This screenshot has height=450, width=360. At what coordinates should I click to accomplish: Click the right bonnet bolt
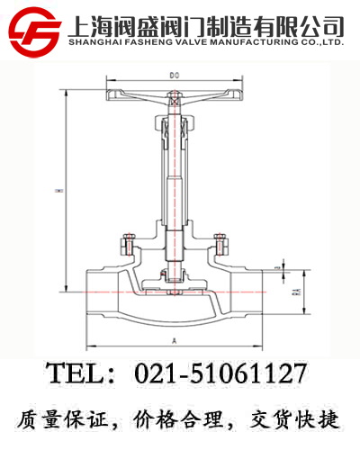tap(217, 243)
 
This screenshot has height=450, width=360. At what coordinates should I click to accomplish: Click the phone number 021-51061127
tap(220, 373)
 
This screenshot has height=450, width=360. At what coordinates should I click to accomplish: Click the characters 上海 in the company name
tap(90, 24)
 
